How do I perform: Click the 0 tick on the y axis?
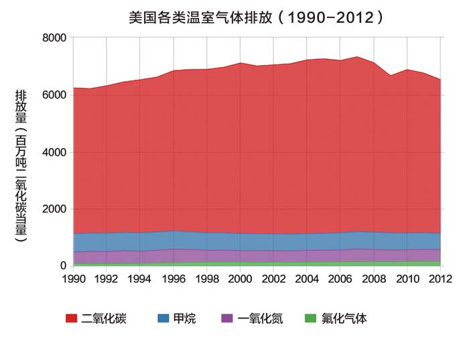pyautogui.click(x=62, y=266)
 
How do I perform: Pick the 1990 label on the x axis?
pyautogui.click(x=73, y=278)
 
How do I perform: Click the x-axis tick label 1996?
pyautogui.click(x=174, y=278)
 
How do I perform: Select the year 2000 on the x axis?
pyautogui.click(x=241, y=278)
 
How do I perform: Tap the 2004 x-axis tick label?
pyautogui.click(x=307, y=278)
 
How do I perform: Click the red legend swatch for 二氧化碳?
pyautogui.click(x=72, y=318)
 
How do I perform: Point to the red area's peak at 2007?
pyautogui.click(x=357, y=57)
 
